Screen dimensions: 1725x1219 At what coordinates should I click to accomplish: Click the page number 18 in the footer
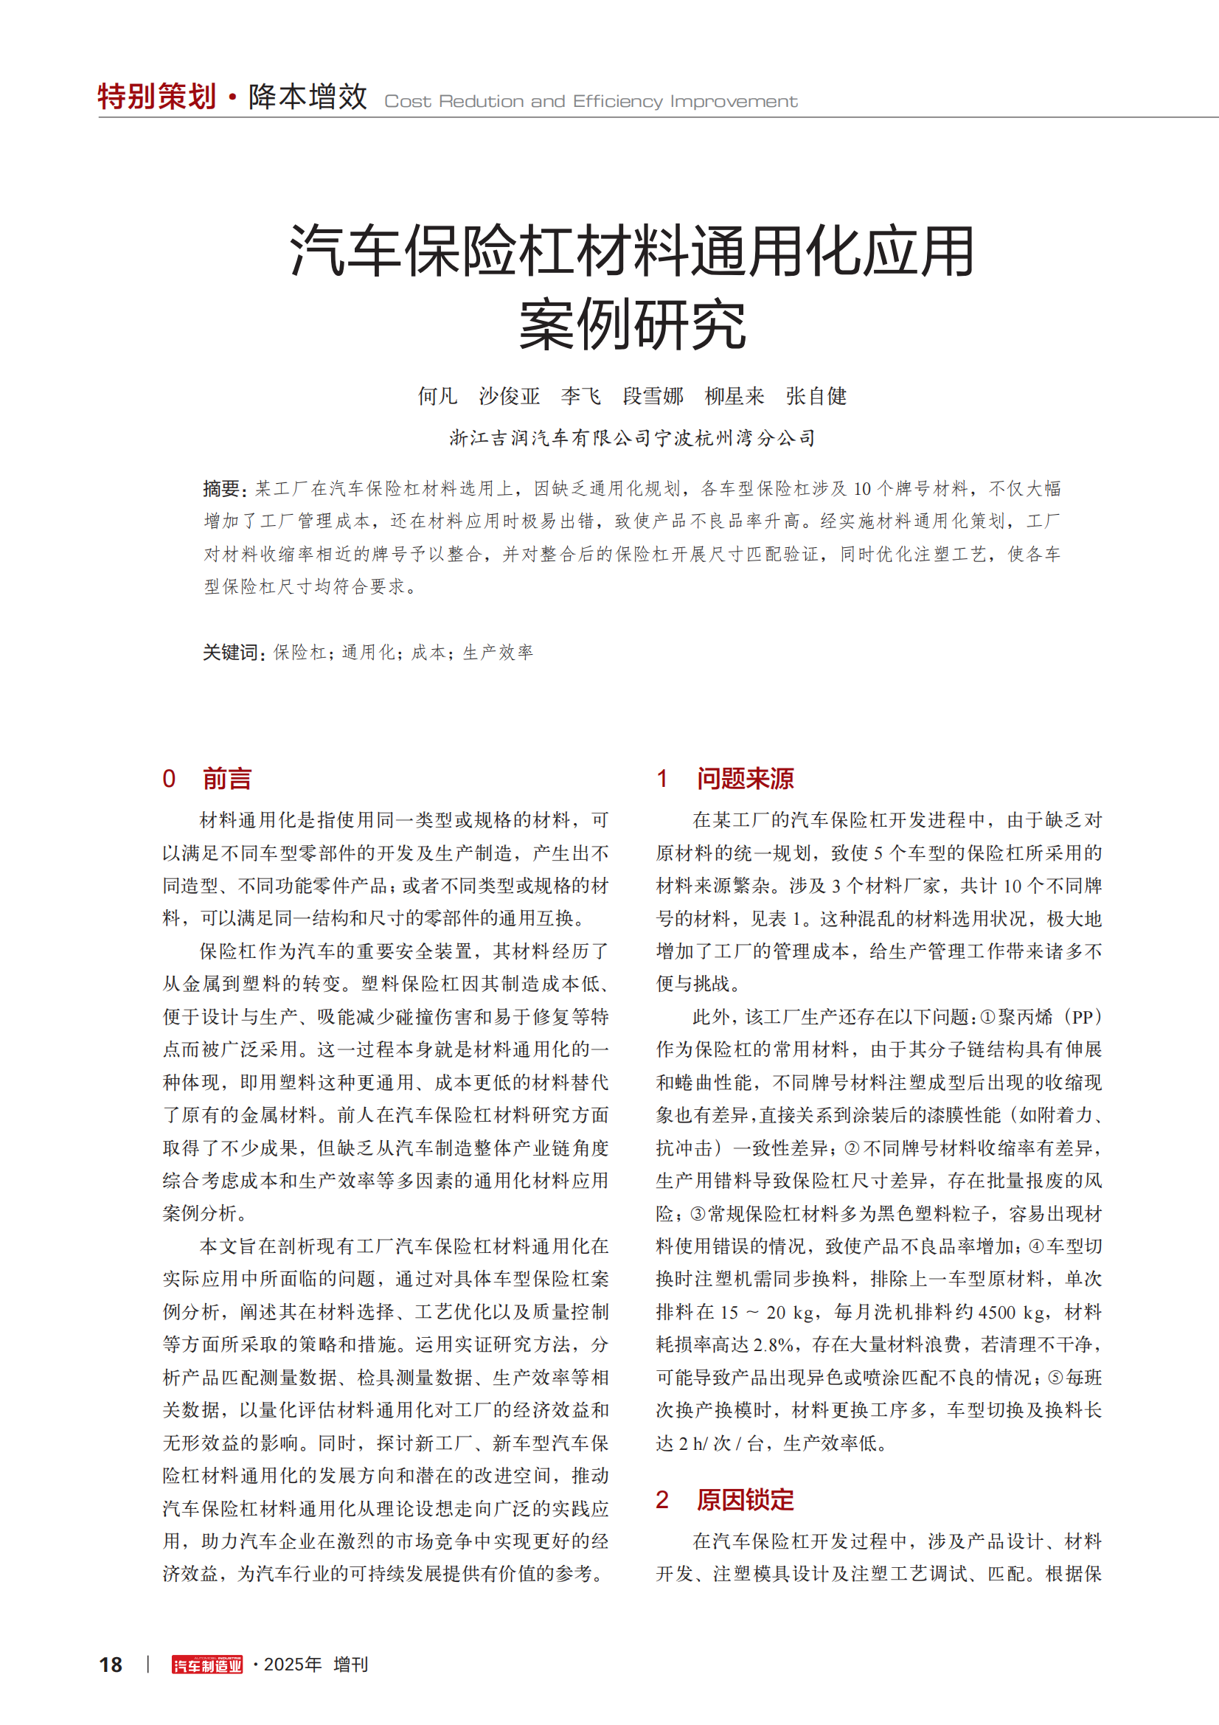click(x=111, y=1665)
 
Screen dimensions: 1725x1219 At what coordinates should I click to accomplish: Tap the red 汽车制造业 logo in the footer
click(x=207, y=1665)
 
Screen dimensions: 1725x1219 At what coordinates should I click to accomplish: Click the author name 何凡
click(x=437, y=396)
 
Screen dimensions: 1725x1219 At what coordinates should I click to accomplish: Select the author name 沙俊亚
click(x=510, y=396)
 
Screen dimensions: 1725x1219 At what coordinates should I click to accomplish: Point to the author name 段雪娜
click(x=653, y=396)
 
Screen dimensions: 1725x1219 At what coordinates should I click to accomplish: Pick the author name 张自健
click(x=816, y=396)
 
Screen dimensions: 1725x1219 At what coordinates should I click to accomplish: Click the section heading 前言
click(x=227, y=778)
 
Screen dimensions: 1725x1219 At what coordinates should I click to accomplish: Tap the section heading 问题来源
click(x=744, y=778)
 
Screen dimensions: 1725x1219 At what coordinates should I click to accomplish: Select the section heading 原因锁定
click(x=744, y=1499)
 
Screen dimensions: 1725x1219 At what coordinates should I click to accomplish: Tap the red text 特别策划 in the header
click(x=157, y=97)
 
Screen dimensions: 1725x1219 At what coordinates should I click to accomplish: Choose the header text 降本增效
click(x=308, y=97)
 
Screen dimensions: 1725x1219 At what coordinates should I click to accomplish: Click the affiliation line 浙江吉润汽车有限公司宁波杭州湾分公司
click(x=633, y=438)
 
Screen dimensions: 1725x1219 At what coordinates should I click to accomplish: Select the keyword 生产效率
click(x=498, y=652)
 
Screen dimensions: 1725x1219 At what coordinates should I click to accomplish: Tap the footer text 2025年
click(x=292, y=1665)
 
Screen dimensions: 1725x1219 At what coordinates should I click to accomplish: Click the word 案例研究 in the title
click(x=633, y=324)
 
